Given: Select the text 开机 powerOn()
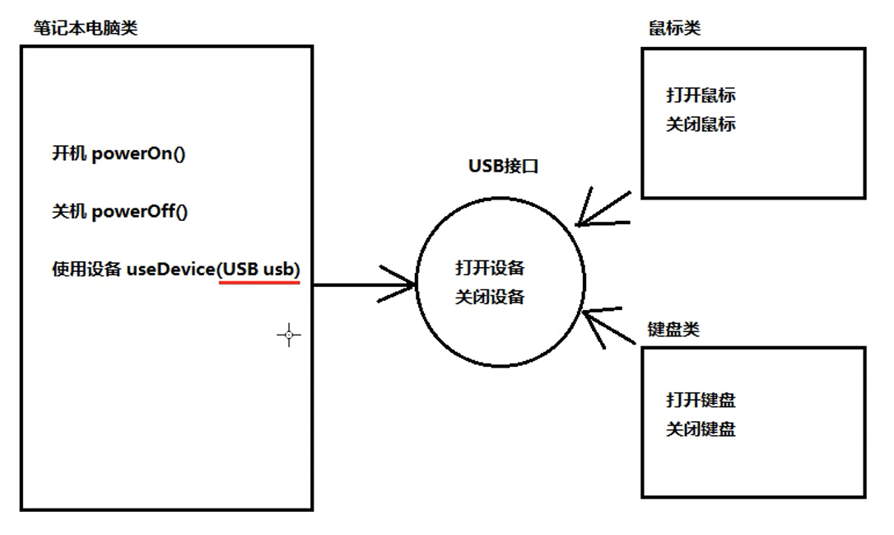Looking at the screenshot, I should tap(119, 154).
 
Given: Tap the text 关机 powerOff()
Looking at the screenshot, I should tap(120, 212).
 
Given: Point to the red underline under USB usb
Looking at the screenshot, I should tap(259, 282).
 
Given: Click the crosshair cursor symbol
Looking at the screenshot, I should tap(288, 335).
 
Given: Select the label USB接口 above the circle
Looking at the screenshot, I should tap(503, 166).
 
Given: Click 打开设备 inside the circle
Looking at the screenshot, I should tap(490, 268).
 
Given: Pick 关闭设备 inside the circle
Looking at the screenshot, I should tap(490, 297).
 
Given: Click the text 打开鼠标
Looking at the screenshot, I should tap(701, 95).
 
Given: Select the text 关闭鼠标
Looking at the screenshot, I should tap(701, 124).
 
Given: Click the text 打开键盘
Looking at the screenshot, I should tap(701, 401).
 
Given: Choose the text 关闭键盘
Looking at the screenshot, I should tap(701, 429).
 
